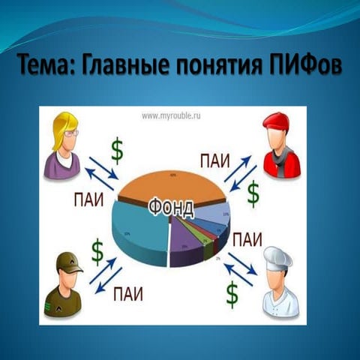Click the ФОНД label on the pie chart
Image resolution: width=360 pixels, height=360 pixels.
[x=172, y=205]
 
